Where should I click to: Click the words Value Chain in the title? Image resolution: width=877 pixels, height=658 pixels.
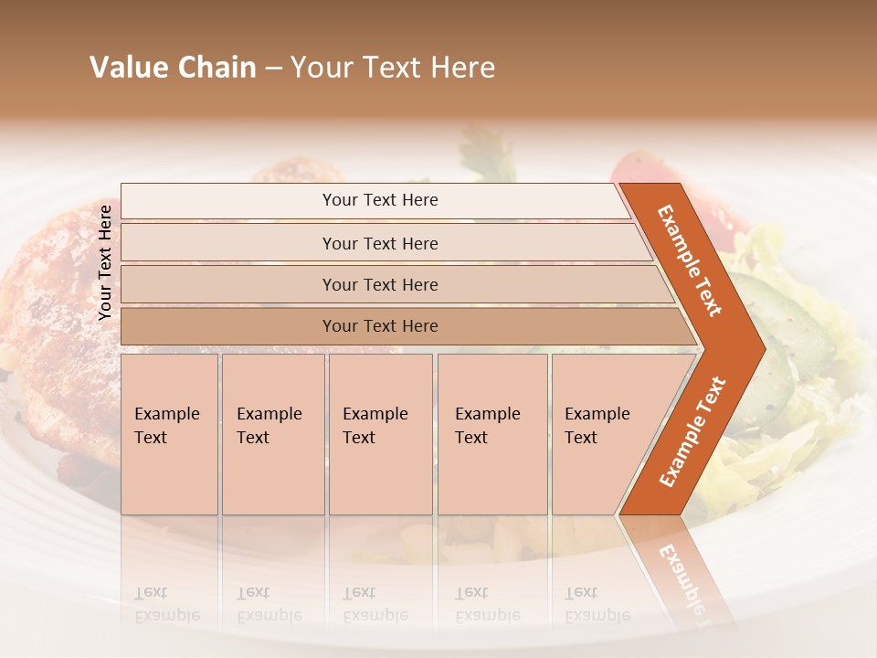tap(173, 68)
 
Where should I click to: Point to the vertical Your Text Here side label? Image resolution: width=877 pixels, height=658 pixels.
tap(105, 262)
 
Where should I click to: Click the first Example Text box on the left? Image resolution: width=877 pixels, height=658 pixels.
tap(169, 434)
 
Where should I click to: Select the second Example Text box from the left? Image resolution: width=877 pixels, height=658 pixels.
tap(273, 434)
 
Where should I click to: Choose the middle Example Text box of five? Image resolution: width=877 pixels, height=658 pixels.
tap(380, 434)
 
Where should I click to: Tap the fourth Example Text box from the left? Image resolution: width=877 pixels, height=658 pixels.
tap(492, 434)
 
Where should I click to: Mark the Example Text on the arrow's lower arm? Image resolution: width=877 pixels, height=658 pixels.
tap(692, 431)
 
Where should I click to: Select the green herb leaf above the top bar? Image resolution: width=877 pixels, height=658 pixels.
tap(489, 151)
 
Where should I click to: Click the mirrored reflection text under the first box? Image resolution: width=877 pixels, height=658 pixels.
tap(167, 604)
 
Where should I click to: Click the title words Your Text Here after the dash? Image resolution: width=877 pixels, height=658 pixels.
tap(393, 68)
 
